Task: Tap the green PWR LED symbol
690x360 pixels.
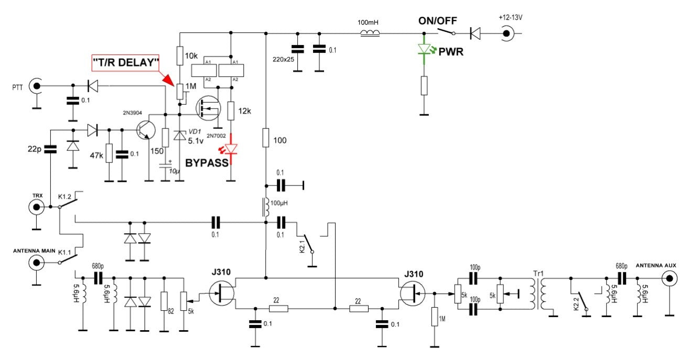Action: point(424,50)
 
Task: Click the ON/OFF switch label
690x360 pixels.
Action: point(437,21)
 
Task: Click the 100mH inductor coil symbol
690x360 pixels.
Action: point(370,34)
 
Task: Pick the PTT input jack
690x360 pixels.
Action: point(36,85)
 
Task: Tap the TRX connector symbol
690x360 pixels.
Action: point(36,208)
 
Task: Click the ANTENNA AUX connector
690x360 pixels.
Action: point(669,279)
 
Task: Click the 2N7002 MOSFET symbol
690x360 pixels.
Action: point(207,108)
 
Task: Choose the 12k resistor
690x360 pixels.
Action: point(231,111)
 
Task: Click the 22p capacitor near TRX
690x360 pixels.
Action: point(50,149)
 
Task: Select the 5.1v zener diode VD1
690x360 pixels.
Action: point(180,135)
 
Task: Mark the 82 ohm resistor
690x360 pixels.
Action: point(164,302)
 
